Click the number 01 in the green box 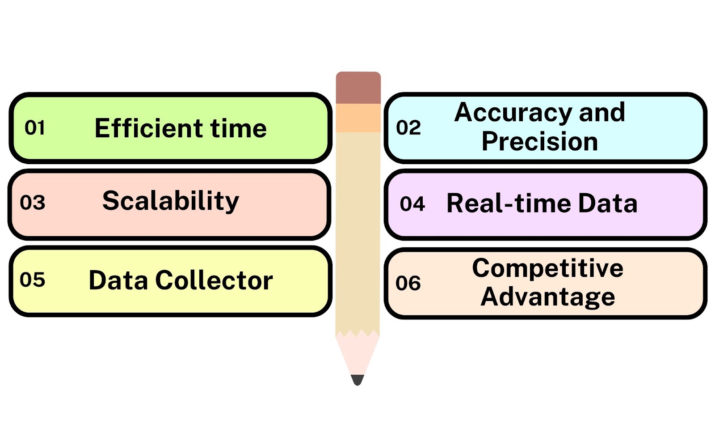coord(35,128)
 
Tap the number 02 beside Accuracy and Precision coord(408,128)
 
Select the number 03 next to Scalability coord(33,203)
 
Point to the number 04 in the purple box coord(412,204)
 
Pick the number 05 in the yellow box coord(32,280)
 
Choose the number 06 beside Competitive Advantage coord(408,283)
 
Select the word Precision coord(540,141)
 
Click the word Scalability coord(171,201)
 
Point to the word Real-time coord(509,203)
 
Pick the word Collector coord(214,280)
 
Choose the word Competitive coord(547,269)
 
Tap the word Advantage coord(547,297)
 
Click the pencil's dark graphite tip coord(357,380)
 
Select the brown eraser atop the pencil coord(358,88)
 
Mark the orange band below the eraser coord(358,118)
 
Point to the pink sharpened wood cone coord(357,353)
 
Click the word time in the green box coord(238,128)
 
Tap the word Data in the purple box coord(608,203)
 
